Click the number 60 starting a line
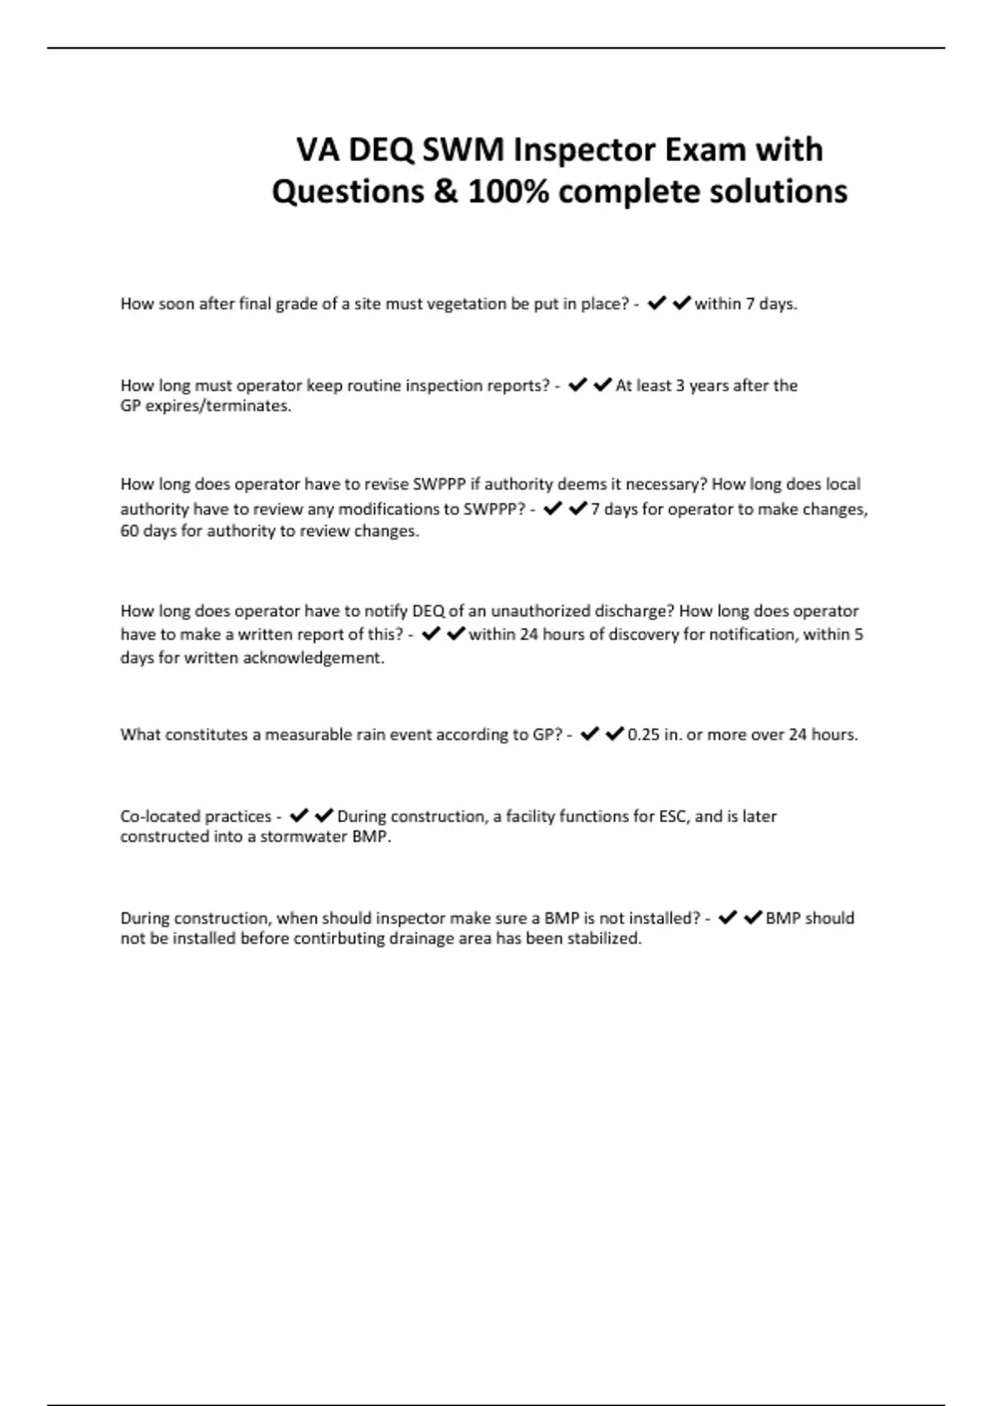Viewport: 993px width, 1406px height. (x=129, y=531)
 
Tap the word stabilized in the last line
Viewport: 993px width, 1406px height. (x=604, y=939)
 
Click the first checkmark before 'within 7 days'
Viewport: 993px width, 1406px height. (x=657, y=304)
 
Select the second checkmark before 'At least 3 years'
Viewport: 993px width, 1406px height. (x=602, y=385)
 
